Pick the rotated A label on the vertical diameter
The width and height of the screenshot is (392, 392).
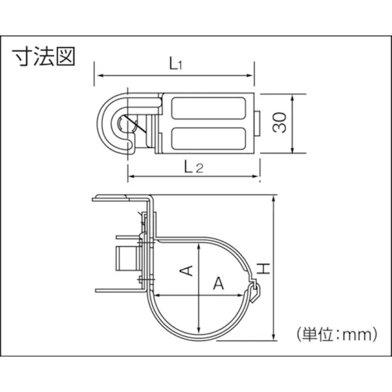pos(187,269)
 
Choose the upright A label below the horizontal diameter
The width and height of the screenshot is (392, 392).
pos(219,283)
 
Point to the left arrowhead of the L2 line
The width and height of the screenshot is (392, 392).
pos(131,177)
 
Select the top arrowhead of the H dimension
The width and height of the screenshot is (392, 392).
pos(273,198)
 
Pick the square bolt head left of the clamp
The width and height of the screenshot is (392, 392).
pos(125,261)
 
